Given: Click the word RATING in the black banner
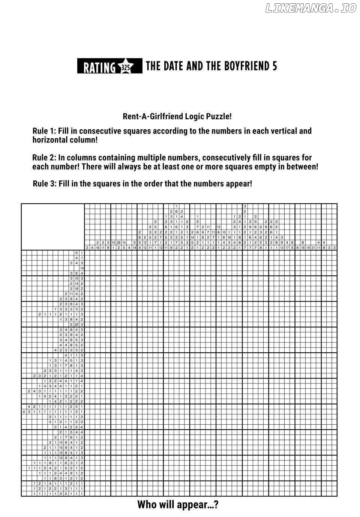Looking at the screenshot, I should click(x=99, y=67).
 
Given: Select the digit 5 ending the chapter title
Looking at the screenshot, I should click(x=274, y=66).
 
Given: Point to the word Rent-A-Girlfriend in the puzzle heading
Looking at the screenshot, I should click(x=153, y=116).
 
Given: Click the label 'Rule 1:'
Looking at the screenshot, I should click(x=45, y=131).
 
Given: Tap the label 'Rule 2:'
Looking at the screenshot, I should click(x=45, y=158).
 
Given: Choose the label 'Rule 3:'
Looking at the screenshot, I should click(x=45, y=184).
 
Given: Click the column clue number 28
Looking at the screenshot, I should click(x=118, y=243).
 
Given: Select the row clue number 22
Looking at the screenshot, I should click(x=76, y=325).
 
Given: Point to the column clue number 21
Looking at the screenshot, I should click(x=313, y=248).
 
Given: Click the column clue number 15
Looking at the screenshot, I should click(x=113, y=243).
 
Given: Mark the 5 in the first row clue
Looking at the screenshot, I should click(x=76, y=253).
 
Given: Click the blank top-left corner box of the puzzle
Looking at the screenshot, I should click(x=52, y=227).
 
